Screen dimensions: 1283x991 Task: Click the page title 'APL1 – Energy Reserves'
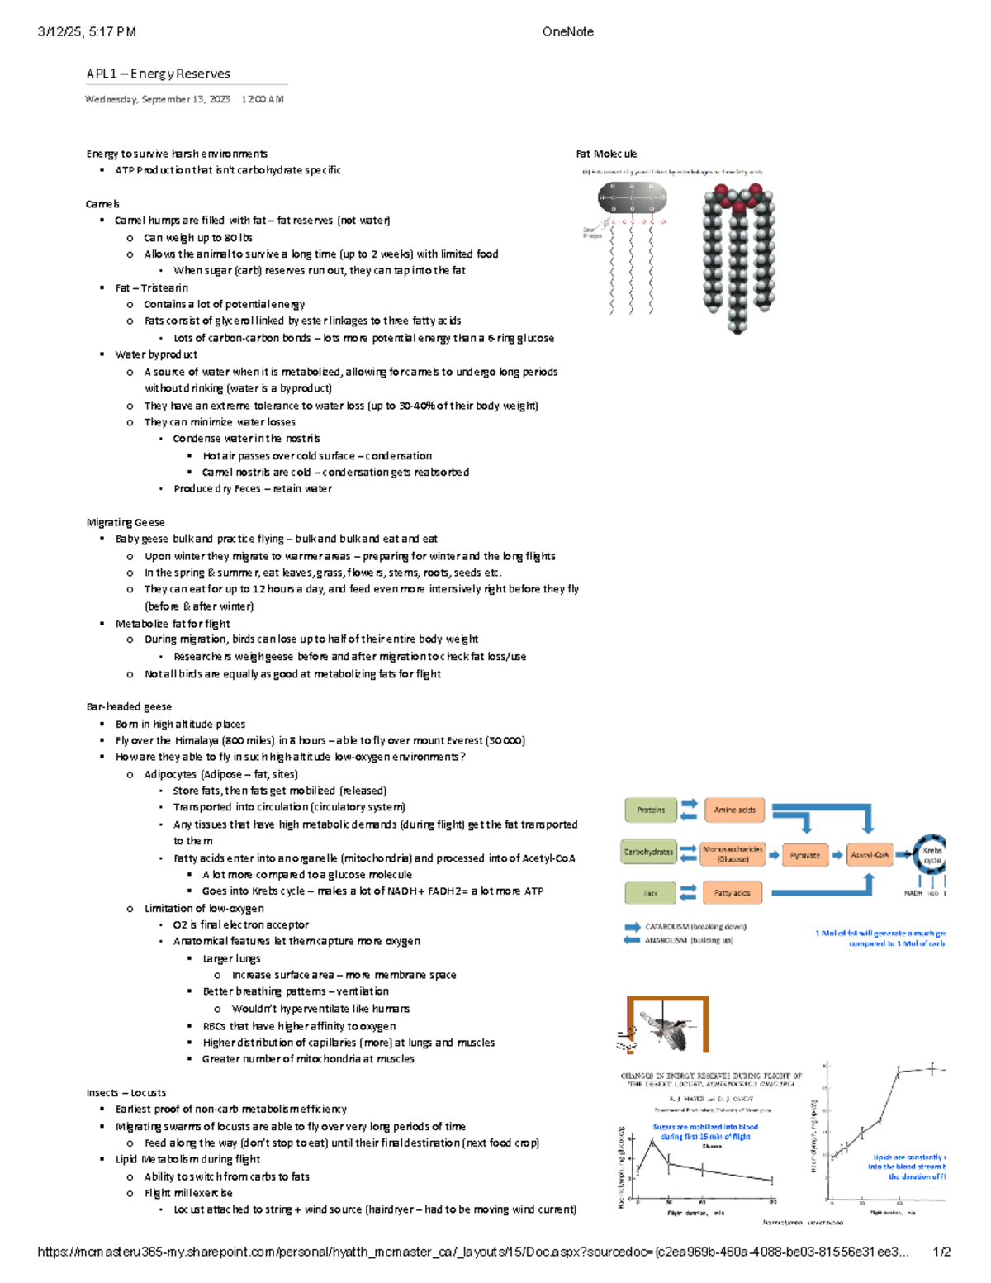click(x=158, y=74)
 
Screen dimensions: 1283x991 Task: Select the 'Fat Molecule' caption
click(x=606, y=154)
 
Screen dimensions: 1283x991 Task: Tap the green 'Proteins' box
click(x=650, y=810)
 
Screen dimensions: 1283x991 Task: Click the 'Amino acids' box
click(x=734, y=810)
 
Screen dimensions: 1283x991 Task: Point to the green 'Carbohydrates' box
click(x=648, y=852)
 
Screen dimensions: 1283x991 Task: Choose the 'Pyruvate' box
click(x=804, y=855)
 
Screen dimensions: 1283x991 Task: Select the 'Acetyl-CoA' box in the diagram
click(x=869, y=855)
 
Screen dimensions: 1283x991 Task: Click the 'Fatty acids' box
click(x=732, y=892)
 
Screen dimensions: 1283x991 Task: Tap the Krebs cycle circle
click(x=931, y=855)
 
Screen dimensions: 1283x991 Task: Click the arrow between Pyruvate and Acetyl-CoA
click(x=837, y=855)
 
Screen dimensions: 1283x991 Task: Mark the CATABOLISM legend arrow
click(x=632, y=927)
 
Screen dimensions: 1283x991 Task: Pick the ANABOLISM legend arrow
click(x=632, y=940)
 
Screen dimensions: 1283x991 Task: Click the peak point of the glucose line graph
click(x=652, y=1141)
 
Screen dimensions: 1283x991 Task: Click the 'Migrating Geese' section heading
click(x=126, y=522)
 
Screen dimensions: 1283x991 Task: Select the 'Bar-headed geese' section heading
click(x=129, y=706)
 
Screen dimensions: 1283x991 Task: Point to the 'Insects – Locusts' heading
click(x=126, y=1092)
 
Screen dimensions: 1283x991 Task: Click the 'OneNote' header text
click(x=567, y=31)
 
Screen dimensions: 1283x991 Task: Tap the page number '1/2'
click(x=941, y=1252)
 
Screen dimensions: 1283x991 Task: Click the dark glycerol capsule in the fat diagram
click(x=632, y=198)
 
